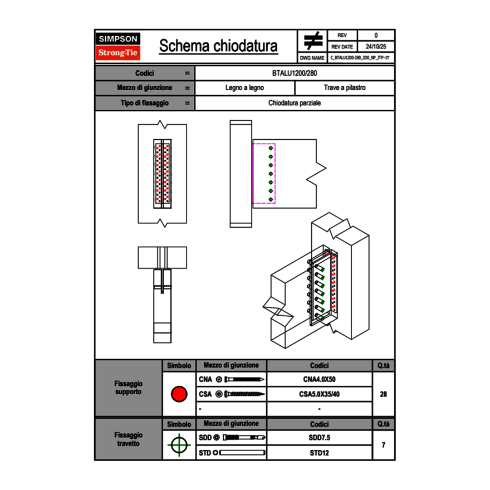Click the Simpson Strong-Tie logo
click(119, 46)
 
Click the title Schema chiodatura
click(218, 46)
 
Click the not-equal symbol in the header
click(312, 41)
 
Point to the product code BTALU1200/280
click(295, 73)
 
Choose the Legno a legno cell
click(244, 88)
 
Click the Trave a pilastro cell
click(344, 88)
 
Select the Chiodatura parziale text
click(295, 103)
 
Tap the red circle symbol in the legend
click(179, 394)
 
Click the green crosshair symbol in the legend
click(179, 445)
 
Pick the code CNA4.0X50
click(319, 380)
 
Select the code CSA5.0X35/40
click(319, 394)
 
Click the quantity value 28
click(383, 394)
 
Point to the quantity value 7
click(383, 445)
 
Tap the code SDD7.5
click(319, 438)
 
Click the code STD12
click(319, 453)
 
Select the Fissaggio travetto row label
click(128, 439)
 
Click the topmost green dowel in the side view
click(271, 149)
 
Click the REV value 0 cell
click(376, 35)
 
